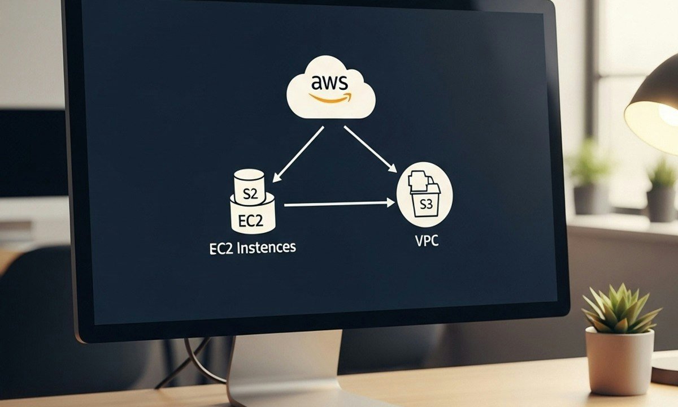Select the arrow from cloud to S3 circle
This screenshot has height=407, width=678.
370,148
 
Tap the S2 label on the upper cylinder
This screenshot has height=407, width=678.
249,195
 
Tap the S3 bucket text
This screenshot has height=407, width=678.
425,204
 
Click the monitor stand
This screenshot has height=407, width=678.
282,367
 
